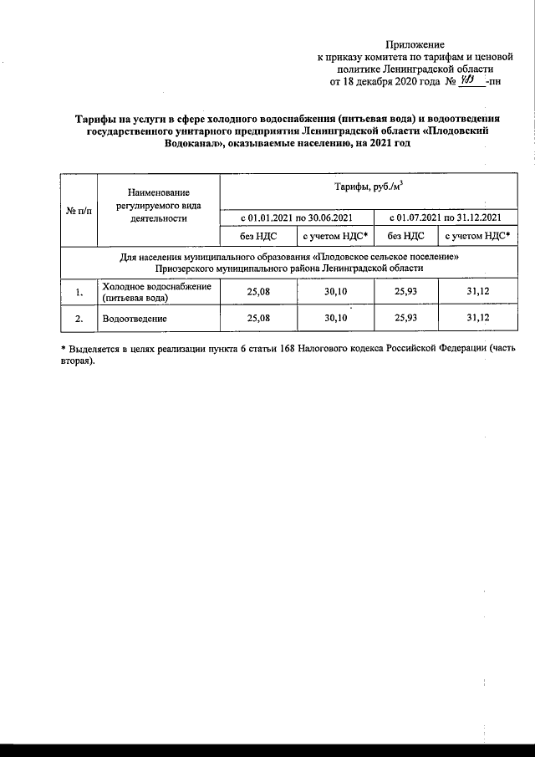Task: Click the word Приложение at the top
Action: tap(415, 44)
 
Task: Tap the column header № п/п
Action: tap(79, 210)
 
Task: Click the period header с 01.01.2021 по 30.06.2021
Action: tap(298, 217)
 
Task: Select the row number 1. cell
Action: tap(79, 292)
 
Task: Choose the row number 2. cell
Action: tap(79, 319)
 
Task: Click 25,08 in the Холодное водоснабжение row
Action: tap(259, 292)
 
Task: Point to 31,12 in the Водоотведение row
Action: tap(478, 319)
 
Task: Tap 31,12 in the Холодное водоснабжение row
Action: tap(478, 292)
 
